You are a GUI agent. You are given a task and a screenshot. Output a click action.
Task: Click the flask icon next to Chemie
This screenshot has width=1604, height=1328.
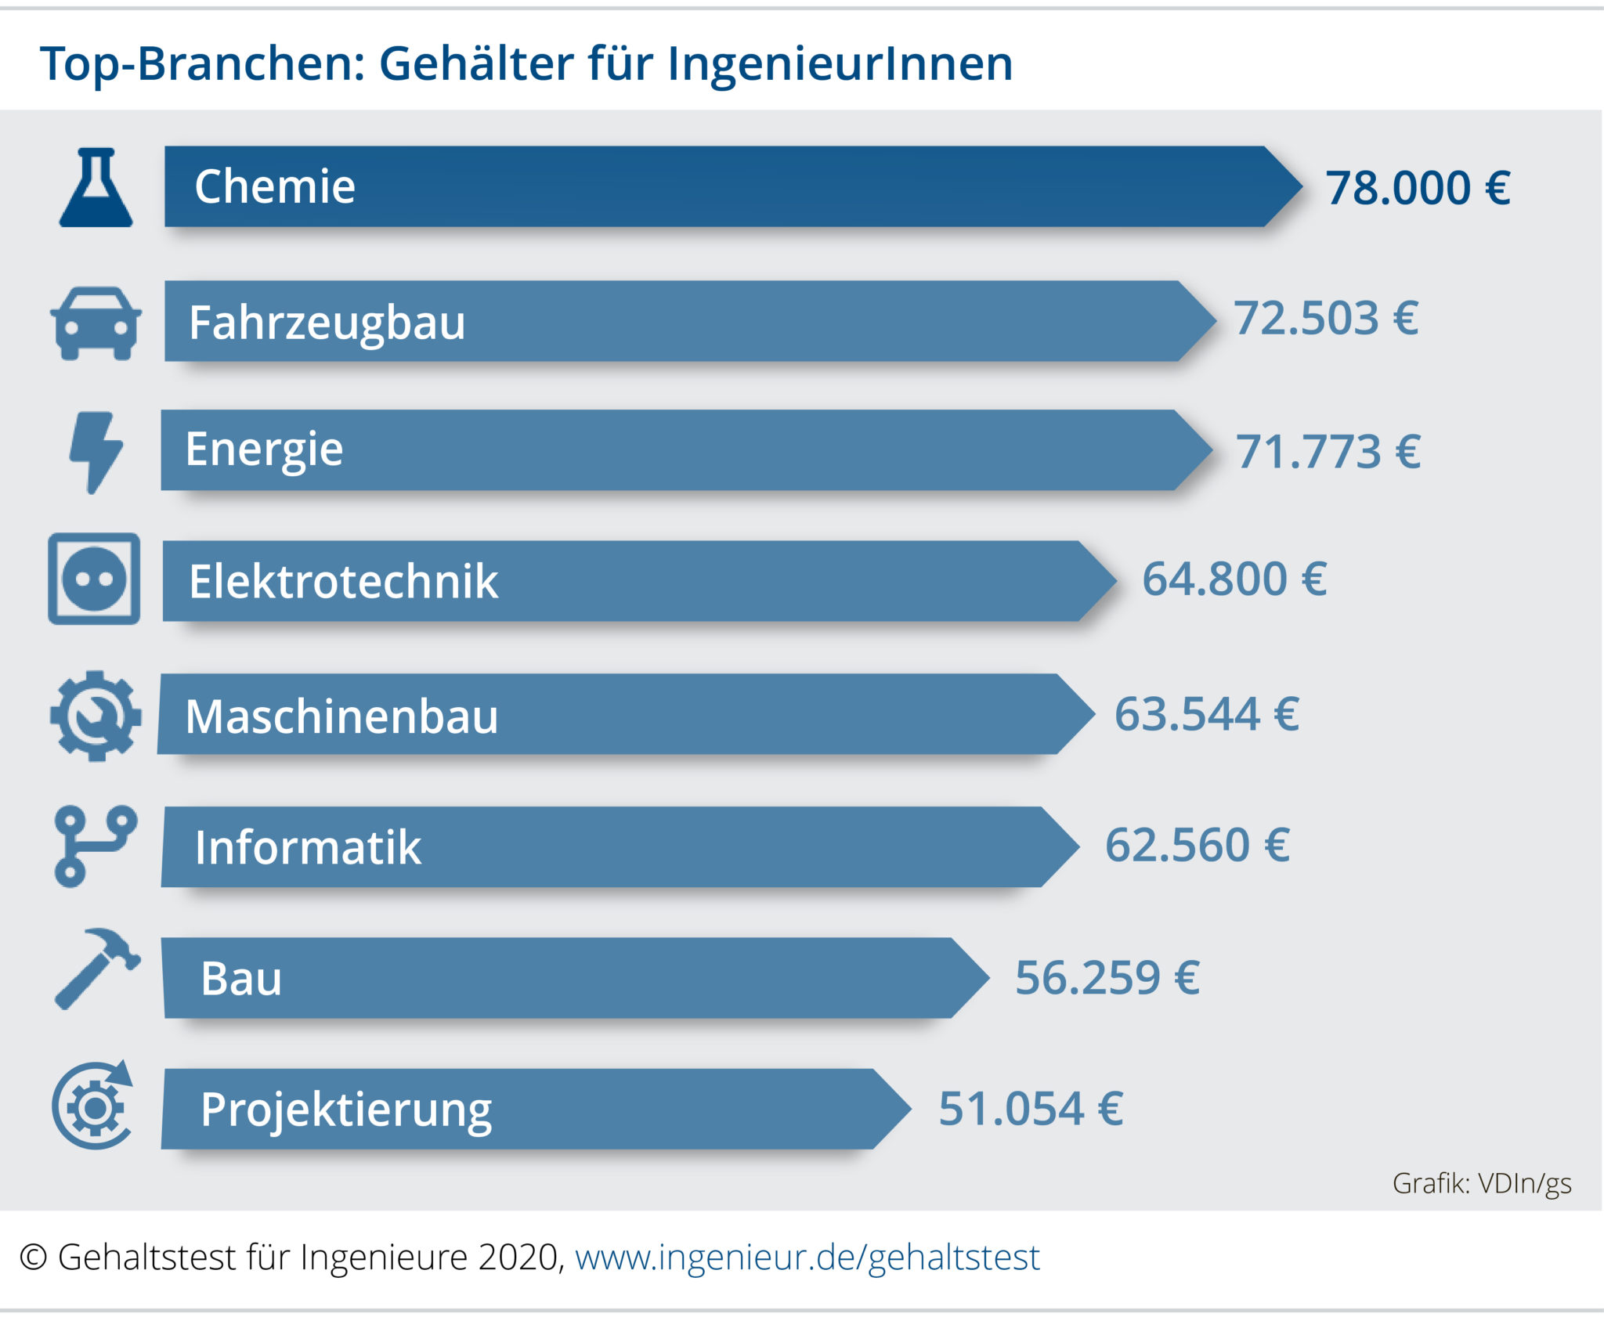pos(96,189)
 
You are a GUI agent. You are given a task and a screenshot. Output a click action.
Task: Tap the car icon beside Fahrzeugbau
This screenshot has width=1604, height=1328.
pos(96,323)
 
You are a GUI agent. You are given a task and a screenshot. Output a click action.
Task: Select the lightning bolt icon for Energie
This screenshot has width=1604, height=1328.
pos(96,452)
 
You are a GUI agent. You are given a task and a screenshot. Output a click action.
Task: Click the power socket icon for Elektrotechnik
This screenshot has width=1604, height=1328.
pos(94,579)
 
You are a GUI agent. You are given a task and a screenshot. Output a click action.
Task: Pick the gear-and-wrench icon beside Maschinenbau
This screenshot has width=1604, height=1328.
pos(96,716)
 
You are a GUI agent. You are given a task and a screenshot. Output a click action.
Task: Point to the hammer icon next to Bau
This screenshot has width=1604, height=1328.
pos(96,969)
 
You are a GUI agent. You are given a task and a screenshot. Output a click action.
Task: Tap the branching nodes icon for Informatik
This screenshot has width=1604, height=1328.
pos(95,846)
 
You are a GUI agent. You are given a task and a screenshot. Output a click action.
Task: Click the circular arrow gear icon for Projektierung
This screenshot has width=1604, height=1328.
pos(94,1106)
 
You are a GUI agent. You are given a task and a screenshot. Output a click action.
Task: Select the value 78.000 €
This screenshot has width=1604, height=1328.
pos(1418,189)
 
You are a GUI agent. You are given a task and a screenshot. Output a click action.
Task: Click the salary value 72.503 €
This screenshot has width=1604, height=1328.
pos(1326,319)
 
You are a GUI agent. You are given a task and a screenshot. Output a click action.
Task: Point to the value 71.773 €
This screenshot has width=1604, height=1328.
pos(1328,453)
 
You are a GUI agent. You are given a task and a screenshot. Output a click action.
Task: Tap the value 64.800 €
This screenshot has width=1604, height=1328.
pos(1234,579)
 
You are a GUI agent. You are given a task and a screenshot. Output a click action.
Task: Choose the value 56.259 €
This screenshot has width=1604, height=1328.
pos(1107,978)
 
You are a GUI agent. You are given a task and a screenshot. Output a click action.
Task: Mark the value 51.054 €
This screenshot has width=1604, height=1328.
pos(1031,1109)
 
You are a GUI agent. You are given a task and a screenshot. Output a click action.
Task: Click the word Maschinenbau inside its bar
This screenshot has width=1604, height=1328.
pos(341,716)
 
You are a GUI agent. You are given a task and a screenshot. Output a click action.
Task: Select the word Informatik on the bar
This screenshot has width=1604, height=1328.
pos(308,848)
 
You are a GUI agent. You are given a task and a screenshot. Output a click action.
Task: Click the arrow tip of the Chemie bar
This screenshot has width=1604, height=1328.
pos(1284,187)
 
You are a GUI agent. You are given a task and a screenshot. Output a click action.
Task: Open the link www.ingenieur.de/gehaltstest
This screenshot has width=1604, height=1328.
pos(807,1258)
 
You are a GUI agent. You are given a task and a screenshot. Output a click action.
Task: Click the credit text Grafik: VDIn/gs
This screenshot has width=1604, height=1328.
pos(1481,1183)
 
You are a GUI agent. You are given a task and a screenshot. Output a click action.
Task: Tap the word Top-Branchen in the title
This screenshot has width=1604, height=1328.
pos(202,63)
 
